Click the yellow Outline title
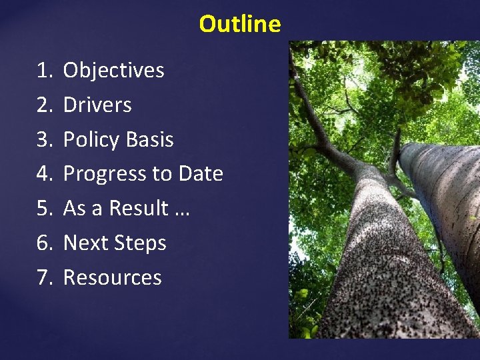(x=240, y=24)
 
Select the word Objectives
(x=113, y=70)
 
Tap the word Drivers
(x=97, y=105)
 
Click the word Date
(x=201, y=173)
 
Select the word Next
(x=85, y=243)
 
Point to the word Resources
(x=112, y=277)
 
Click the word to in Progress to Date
(x=162, y=174)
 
